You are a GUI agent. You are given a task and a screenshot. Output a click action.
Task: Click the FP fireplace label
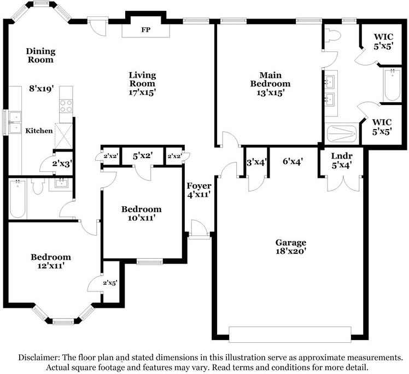click(x=146, y=30)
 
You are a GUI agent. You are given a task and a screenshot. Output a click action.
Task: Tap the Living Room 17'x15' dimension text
click(x=142, y=92)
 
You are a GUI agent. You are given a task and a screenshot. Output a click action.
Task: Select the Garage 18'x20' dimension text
click(x=290, y=251)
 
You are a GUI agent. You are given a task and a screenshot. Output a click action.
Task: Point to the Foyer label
click(x=199, y=186)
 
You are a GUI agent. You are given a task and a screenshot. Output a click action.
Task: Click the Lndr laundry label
click(x=342, y=156)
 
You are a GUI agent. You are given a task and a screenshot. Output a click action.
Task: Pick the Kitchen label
click(x=39, y=131)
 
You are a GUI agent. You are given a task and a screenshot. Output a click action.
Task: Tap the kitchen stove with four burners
click(x=66, y=106)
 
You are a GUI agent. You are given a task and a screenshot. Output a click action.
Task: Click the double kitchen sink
click(x=15, y=122)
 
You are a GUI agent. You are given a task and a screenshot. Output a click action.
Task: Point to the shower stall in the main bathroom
click(x=342, y=134)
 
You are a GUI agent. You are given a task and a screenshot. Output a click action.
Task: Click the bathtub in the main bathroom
click(x=392, y=85)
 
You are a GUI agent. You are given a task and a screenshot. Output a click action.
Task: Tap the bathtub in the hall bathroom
click(x=17, y=198)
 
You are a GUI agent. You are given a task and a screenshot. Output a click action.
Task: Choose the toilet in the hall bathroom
click(x=38, y=186)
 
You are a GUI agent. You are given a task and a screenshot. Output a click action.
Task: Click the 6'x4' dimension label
click(x=293, y=162)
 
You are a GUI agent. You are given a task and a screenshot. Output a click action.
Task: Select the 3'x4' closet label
click(x=256, y=162)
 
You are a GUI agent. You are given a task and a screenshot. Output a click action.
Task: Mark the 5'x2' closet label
click(x=143, y=156)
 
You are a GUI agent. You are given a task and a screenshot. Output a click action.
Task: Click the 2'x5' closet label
click(x=110, y=283)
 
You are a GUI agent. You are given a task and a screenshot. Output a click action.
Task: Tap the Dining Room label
click(x=40, y=55)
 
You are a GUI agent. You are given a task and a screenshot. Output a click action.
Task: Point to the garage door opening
click(x=290, y=334)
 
